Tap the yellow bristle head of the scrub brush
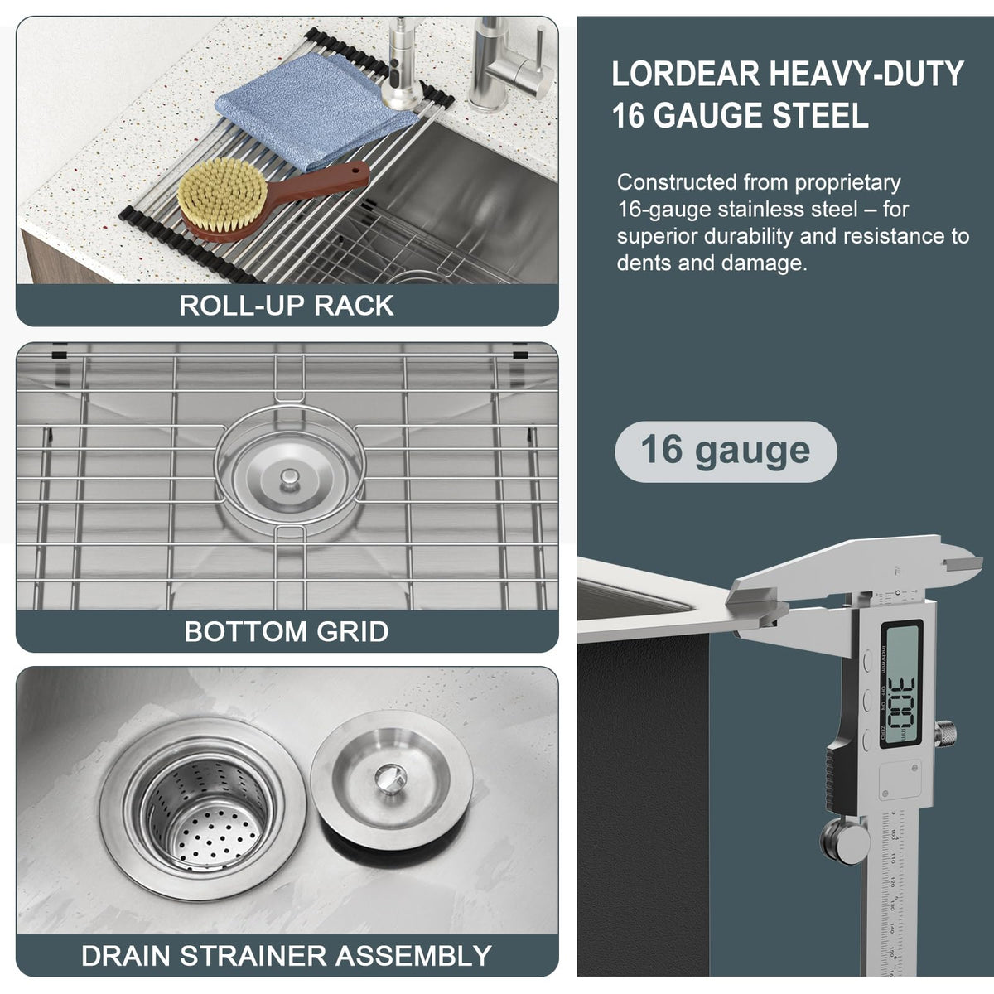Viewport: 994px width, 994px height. (x=222, y=194)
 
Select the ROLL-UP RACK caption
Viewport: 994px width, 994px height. (x=287, y=306)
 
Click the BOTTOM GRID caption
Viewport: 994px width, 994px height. (x=287, y=631)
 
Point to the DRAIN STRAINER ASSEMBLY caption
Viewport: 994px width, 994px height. (x=287, y=956)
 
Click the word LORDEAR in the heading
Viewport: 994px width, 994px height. (x=686, y=74)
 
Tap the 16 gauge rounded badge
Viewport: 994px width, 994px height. (x=726, y=451)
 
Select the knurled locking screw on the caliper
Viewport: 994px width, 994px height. (x=945, y=733)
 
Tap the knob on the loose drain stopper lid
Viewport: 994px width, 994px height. (x=390, y=776)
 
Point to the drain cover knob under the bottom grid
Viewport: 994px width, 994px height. (x=289, y=480)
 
